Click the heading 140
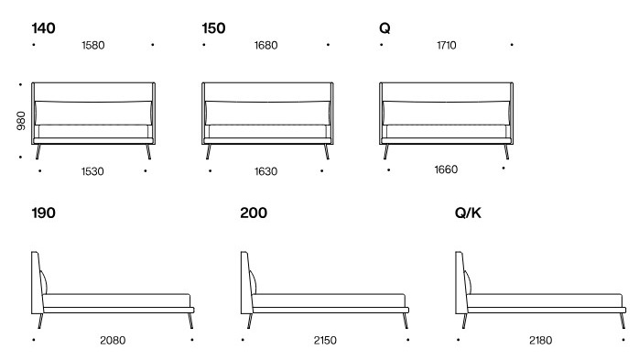(43, 28)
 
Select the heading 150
(213, 28)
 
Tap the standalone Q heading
(384, 28)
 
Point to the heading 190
(43, 213)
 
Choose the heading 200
(254, 213)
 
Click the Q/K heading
(468, 213)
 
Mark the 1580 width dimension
(93, 45)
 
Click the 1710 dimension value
(446, 45)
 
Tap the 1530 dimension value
(93, 170)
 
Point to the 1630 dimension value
(265, 170)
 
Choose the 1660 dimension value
(445, 169)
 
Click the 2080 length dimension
(113, 341)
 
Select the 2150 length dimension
(325, 341)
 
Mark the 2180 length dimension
(540, 341)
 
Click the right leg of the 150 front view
(325, 154)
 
